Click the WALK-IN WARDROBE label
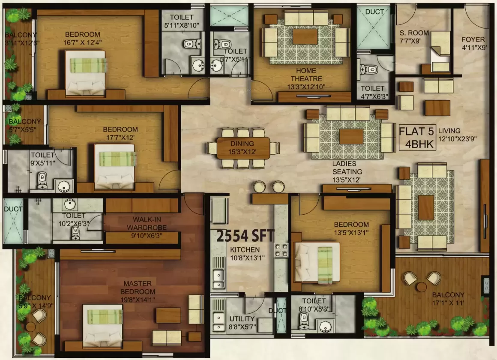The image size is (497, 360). coord(144,224)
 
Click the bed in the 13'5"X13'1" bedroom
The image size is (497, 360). coord(317,262)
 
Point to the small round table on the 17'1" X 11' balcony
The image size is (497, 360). coord(422,286)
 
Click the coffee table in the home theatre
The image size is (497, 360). coord(305,36)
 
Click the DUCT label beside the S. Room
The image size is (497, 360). coord(374,12)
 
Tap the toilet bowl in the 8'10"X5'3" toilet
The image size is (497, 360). coord(305,319)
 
